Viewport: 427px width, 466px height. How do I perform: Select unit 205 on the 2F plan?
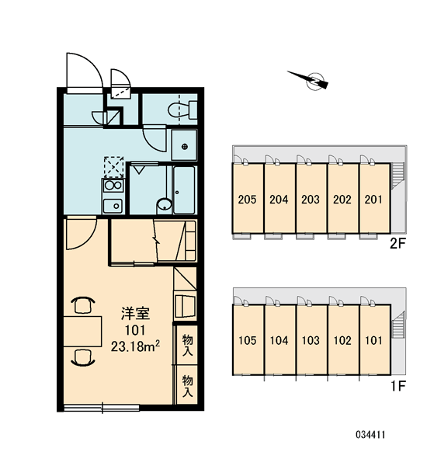click(248, 198)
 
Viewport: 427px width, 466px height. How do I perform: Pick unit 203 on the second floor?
click(311, 198)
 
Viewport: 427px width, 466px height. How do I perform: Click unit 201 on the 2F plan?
click(374, 198)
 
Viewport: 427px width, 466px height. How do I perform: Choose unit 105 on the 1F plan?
click(248, 339)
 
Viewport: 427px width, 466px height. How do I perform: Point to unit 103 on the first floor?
click(311, 339)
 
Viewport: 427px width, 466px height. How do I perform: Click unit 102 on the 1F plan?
click(342, 339)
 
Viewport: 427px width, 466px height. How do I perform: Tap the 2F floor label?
click(397, 244)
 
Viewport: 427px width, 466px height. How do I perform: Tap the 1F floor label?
click(398, 386)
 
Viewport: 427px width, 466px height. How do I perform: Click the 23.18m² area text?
click(136, 346)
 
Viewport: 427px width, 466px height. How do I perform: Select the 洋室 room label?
click(135, 314)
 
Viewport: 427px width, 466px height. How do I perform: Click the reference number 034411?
click(370, 435)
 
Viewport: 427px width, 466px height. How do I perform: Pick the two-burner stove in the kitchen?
click(113, 186)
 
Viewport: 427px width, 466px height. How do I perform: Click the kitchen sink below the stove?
click(113, 206)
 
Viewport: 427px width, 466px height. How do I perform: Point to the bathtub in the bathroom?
click(184, 190)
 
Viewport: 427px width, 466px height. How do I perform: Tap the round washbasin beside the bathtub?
click(165, 205)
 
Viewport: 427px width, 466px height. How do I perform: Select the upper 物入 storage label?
click(188, 345)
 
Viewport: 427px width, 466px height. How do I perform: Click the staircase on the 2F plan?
click(397, 176)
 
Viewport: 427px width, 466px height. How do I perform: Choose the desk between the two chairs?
click(82, 332)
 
